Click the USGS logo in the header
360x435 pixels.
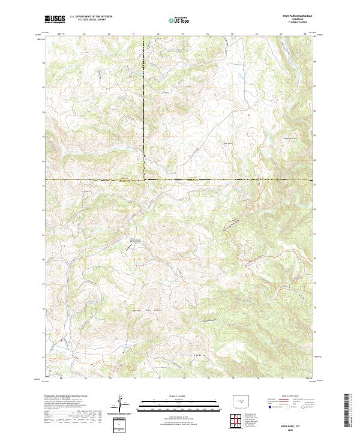click(x=55, y=19)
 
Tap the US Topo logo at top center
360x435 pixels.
click(x=180, y=19)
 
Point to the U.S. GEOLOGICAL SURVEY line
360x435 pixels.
click(x=86, y=20)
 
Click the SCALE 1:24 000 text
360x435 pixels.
click(x=180, y=397)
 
